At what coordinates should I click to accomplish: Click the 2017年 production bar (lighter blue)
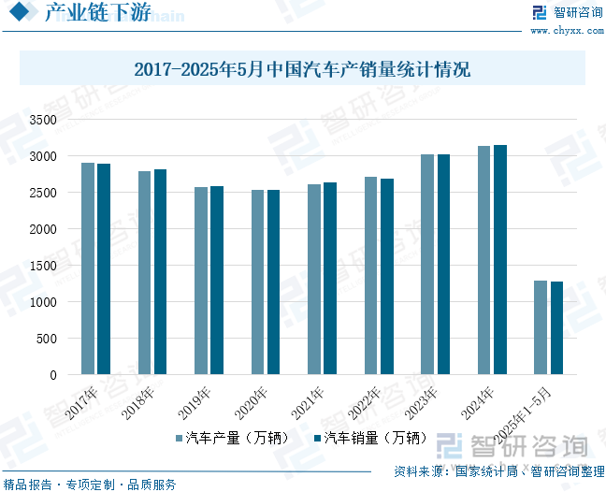[x=88, y=268]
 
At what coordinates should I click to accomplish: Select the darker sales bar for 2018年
[x=160, y=272]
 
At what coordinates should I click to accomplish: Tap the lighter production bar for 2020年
[x=257, y=282]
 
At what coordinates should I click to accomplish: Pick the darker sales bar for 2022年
[x=387, y=277]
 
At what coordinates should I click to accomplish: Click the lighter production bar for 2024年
[x=483, y=260]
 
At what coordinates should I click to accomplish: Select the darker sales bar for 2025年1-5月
[x=556, y=328]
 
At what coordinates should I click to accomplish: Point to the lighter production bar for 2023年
[x=427, y=265]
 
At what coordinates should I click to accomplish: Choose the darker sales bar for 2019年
[x=217, y=281]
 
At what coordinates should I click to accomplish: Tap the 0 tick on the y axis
[x=53, y=376]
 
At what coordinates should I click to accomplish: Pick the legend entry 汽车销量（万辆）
[x=371, y=438]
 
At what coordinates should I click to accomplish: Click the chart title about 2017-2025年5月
[x=302, y=69]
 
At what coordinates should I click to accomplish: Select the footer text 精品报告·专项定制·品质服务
[x=90, y=485]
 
